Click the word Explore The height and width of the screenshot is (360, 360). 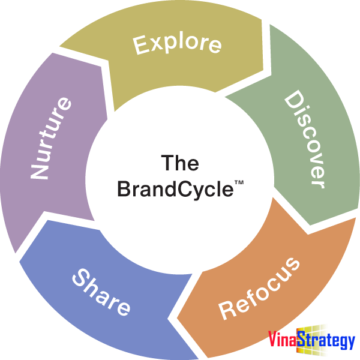click(178, 44)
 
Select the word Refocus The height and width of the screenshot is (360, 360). click(259, 287)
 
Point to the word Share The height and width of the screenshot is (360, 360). click(101, 292)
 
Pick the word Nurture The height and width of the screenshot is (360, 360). click(51, 139)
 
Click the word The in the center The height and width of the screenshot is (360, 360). click(180, 163)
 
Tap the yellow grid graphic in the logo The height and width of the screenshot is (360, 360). click(318, 336)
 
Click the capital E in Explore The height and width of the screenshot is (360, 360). click(140, 46)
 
